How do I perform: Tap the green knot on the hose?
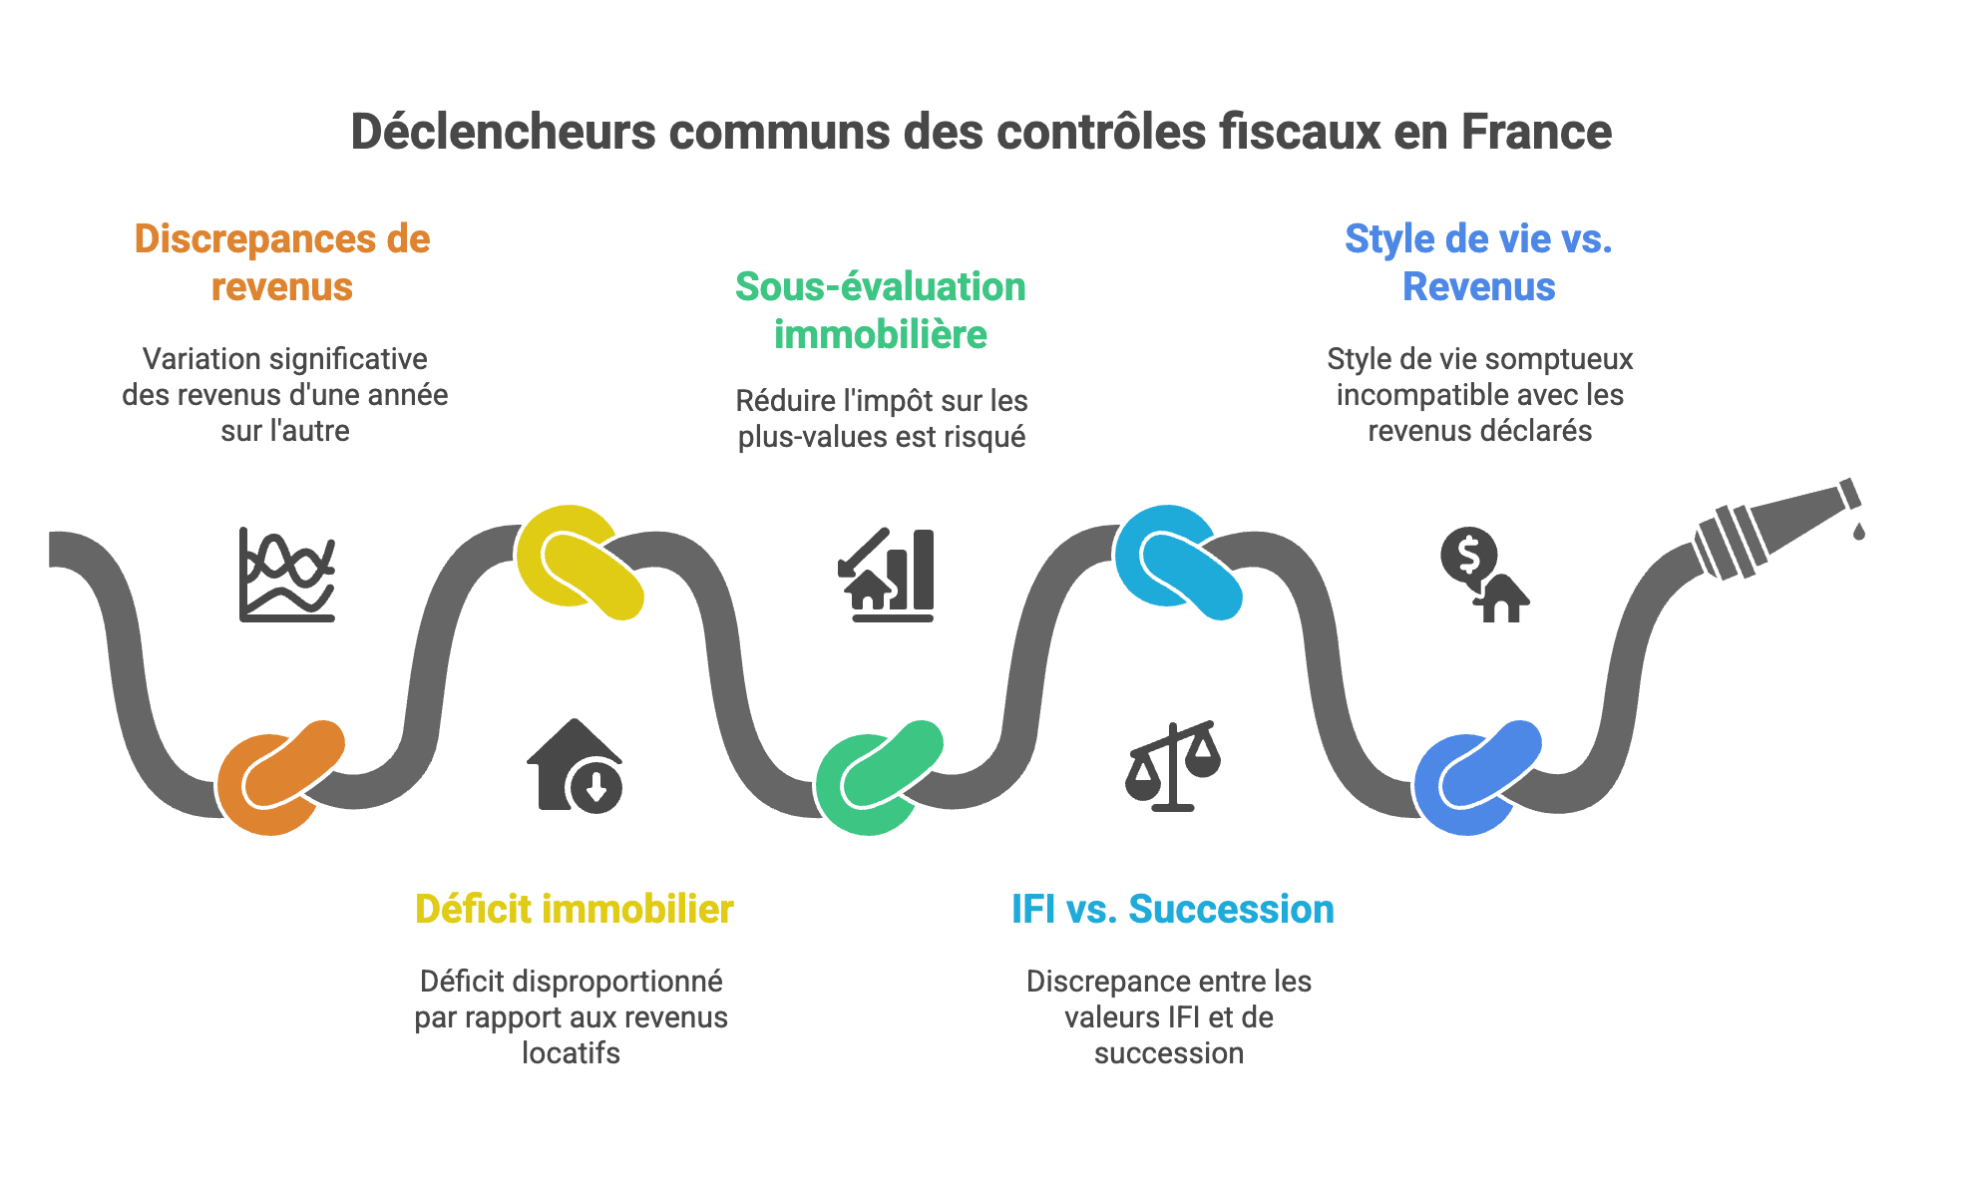879,777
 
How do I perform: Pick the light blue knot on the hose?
1178,562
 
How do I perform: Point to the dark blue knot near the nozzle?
1477,777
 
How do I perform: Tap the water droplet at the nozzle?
1858,531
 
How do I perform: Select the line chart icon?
287,575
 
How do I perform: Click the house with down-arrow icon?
575,766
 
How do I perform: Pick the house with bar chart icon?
886,575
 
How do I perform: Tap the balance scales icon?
1173,766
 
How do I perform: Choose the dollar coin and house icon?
1483,575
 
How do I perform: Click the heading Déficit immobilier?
574,910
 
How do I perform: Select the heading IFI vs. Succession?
1172,910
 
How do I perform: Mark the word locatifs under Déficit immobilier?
571,1053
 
